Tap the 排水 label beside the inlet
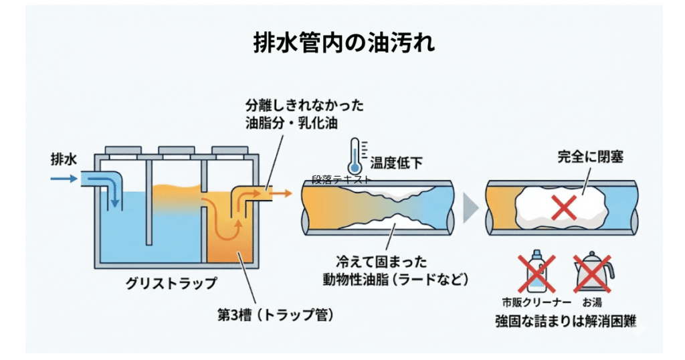[x=64, y=160]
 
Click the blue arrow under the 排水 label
[x=63, y=179]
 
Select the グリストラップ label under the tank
[x=171, y=283]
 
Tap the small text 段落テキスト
[x=341, y=179]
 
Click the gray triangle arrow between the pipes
[x=471, y=209]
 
